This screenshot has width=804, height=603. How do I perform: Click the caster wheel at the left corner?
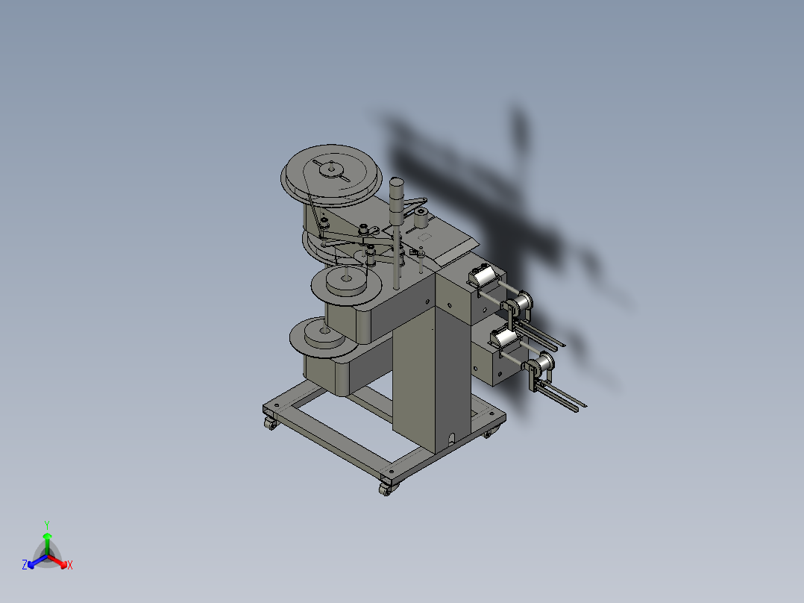coord(269,423)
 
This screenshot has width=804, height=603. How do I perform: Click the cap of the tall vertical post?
coord(396,182)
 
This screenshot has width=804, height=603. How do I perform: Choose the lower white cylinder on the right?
coord(506,338)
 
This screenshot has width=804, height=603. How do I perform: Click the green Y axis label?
coord(46,525)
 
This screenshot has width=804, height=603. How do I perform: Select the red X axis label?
coord(70,566)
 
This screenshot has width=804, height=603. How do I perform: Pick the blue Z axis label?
coord(25,566)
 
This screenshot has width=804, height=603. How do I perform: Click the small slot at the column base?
coord(450,438)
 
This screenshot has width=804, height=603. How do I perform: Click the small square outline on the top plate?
coord(427,236)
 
